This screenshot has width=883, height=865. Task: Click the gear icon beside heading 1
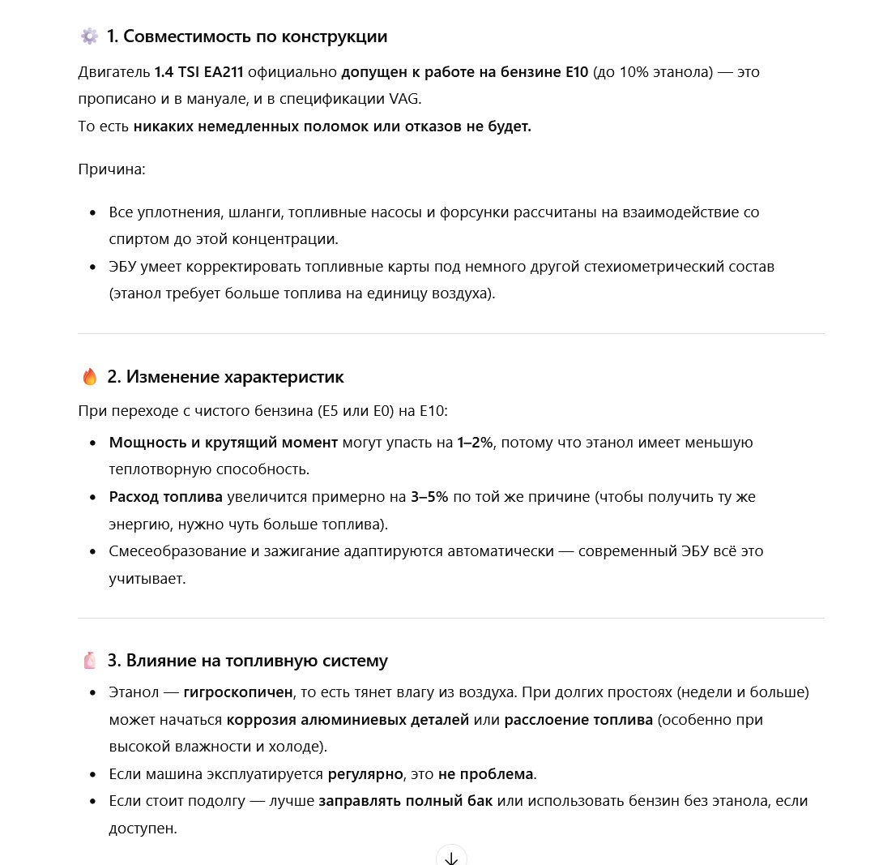tap(89, 36)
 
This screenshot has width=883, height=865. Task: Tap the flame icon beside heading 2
tap(89, 377)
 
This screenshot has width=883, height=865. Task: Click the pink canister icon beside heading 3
tap(89, 661)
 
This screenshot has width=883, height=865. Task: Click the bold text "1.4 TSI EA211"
tap(198, 72)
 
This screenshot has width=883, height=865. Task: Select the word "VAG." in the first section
tap(405, 99)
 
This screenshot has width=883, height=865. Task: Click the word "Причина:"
tap(112, 169)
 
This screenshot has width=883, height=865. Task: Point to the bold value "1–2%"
tap(476, 443)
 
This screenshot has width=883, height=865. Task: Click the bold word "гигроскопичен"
tap(238, 693)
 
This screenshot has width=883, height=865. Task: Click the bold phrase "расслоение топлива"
tap(578, 720)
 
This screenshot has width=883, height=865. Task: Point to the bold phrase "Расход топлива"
tap(166, 497)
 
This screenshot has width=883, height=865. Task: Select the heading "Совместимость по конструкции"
tap(247, 36)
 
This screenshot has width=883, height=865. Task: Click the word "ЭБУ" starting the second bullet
tap(124, 267)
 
